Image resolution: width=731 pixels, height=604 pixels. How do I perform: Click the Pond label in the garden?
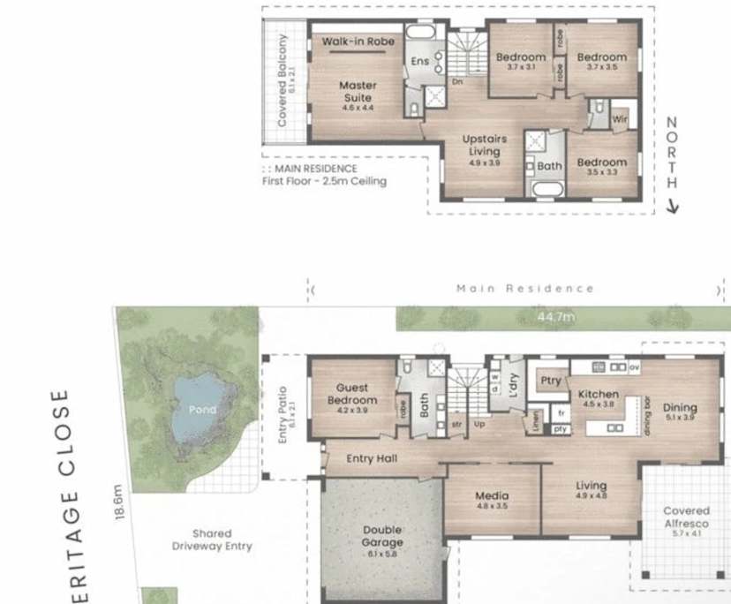(x=201, y=410)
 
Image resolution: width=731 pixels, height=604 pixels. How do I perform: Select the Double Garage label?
(x=382, y=537)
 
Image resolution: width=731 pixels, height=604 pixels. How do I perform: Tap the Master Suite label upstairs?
(x=357, y=92)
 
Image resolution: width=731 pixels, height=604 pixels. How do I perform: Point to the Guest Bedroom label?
(x=352, y=394)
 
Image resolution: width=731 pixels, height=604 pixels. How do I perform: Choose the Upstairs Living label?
(x=485, y=146)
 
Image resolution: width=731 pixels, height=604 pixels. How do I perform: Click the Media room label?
(x=492, y=496)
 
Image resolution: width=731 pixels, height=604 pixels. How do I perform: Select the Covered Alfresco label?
(x=686, y=517)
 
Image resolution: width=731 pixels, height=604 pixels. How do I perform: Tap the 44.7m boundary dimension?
(x=556, y=316)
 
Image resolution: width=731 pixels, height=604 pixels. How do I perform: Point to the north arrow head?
(x=672, y=208)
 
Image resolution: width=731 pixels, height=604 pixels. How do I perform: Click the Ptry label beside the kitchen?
(x=551, y=381)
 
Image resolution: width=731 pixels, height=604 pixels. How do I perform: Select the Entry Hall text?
(x=372, y=458)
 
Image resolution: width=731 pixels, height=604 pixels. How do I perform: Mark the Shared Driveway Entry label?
(x=212, y=540)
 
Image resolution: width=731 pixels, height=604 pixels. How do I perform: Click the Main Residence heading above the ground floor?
(x=524, y=289)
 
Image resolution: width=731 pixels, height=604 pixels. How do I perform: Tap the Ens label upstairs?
(x=420, y=61)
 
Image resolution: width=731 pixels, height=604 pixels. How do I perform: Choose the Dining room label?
(x=681, y=408)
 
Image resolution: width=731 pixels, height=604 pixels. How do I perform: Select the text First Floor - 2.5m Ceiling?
(x=324, y=181)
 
